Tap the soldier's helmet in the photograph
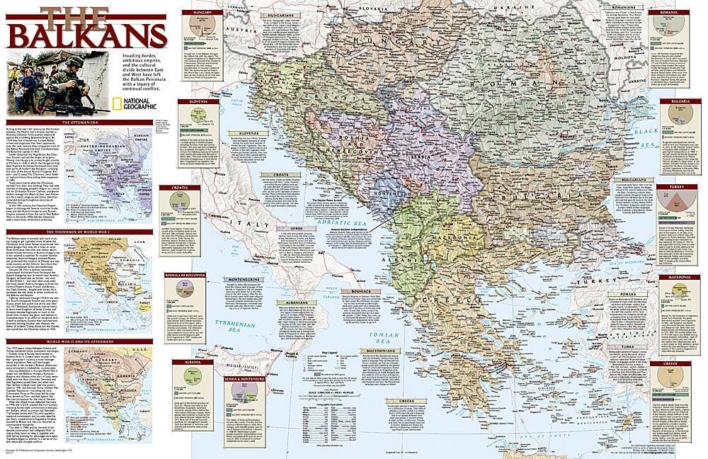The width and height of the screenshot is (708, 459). pyautogui.click(x=75, y=62)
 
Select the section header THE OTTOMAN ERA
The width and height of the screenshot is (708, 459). pyautogui.click(x=76, y=123)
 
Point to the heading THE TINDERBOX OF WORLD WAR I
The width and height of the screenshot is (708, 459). pyautogui.click(x=76, y=232)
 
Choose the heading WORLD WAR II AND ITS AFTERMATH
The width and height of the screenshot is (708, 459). pyautogui.click(x=76, y=341)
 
